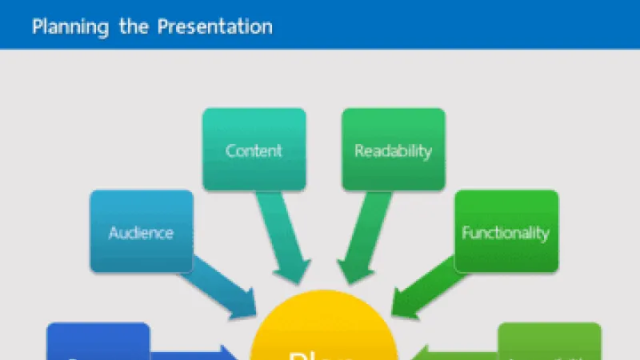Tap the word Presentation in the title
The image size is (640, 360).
[x=214, y=26]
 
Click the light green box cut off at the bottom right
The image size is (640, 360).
[x=550, y=342]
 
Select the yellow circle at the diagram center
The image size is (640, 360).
[x=324, y=336]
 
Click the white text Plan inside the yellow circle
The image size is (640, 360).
[x=324, y=354]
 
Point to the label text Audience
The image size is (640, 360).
[x=142, y=234]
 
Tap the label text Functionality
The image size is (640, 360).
[x=506, y=234]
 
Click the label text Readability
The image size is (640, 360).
[x=393, y=150]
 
